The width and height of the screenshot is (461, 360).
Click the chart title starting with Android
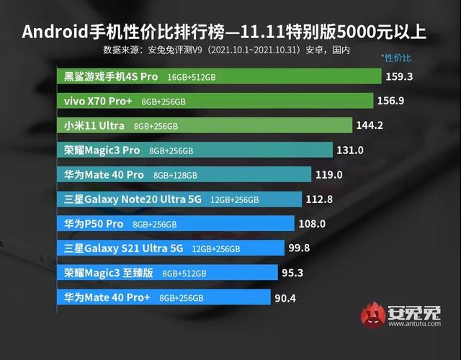click(230, 32)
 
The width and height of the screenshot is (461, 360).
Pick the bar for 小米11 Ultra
click(205, 125)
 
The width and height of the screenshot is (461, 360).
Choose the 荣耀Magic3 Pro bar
click(194, 150)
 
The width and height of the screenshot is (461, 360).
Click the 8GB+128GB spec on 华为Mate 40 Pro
click(174, 175)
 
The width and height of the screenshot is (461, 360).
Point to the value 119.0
click(328, 175)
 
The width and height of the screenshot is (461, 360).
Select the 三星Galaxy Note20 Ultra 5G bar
click(179, 199)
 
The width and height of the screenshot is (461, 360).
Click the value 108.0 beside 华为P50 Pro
click(312, 224)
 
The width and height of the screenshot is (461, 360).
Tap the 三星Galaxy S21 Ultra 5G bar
click(170, 248)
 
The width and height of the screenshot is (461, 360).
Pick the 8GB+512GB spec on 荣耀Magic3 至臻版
click(184, 274)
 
